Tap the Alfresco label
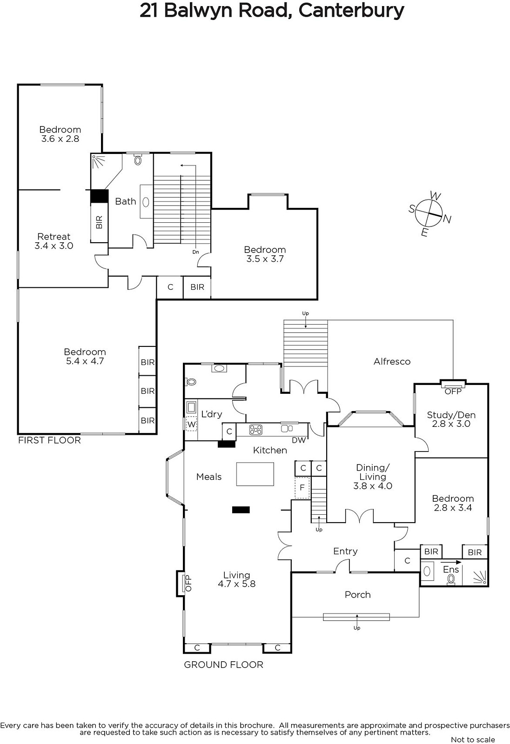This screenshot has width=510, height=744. (392, 361)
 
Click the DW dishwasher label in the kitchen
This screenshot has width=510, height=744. (299, 440)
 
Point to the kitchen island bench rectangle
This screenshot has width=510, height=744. (255, 474)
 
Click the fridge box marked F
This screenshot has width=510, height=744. (302, 488)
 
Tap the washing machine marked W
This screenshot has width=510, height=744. (191, 424)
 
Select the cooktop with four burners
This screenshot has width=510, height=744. (255, 430)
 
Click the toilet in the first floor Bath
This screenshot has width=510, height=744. (138, 160)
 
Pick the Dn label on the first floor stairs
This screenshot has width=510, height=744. (195, 252)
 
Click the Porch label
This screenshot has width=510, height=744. (358, 595)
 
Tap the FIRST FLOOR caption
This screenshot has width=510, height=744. (49, 440)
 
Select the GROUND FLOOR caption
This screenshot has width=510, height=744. (224, 664)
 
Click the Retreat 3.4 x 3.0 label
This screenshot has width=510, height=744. (54, 241)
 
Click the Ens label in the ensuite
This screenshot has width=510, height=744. (451, 569)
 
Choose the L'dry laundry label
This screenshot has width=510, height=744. (211, 414)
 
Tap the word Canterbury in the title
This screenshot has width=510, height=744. (351, 11)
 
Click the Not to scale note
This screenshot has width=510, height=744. (473, 740)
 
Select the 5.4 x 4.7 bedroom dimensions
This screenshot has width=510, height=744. (85, 361)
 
